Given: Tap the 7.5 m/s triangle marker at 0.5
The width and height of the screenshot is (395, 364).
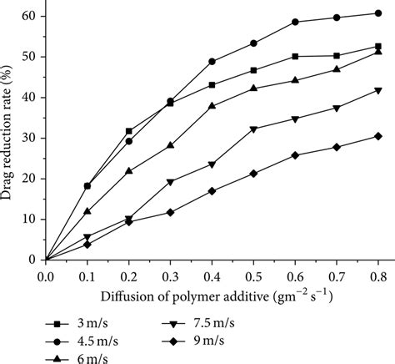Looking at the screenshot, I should click(x=253, y=129).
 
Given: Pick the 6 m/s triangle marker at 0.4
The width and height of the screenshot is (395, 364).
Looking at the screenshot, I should click(x=212, y=106).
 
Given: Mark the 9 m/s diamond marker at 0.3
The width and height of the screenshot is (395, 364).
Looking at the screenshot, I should click(x=170, y=212).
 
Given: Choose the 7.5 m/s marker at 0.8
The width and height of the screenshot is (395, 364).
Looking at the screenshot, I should click(x=378, y=91).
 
